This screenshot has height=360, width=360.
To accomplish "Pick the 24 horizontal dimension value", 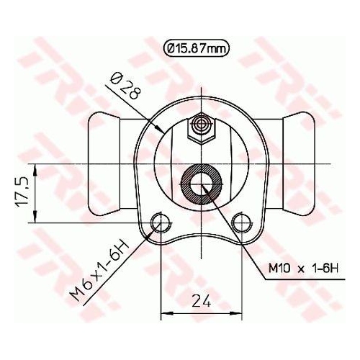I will coord(201,300).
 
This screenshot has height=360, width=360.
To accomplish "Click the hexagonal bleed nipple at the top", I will coord(200,129).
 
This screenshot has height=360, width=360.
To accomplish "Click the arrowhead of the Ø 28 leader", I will coord(161,130).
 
